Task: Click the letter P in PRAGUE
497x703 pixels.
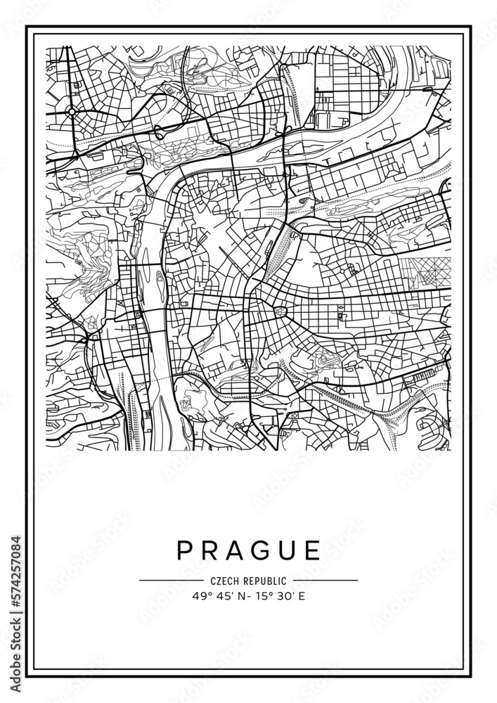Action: coord(185,550)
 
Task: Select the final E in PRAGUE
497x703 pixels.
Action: coord(314,550)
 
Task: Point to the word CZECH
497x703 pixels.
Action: coord(224,581)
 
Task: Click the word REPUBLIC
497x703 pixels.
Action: coord(264,581)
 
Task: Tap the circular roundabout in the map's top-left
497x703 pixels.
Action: coord(72,111)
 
